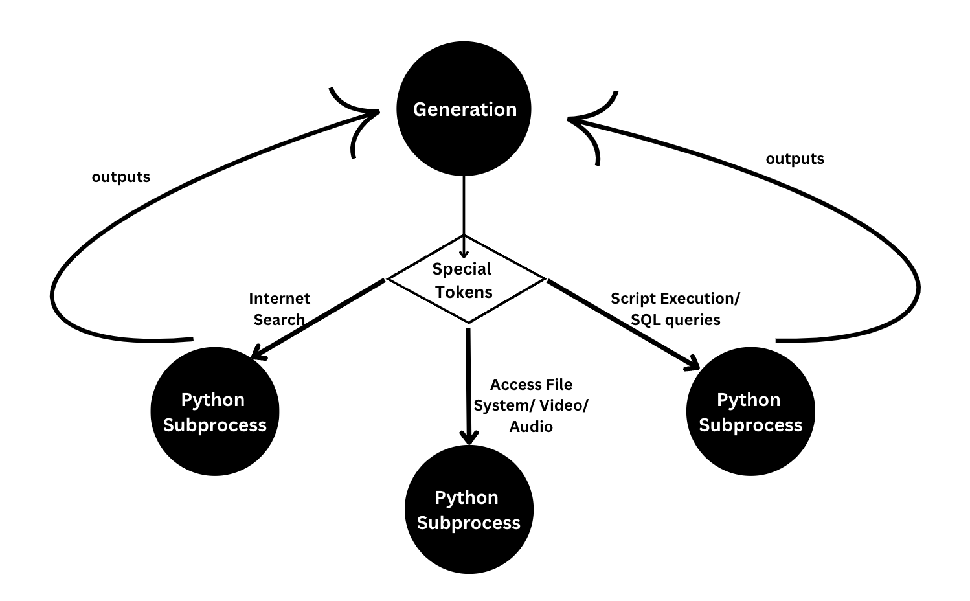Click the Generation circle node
pos(464,109)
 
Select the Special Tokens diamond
pos(465,280)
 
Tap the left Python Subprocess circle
pos(214,412)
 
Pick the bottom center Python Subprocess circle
pos(468,510)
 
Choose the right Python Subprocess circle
pos(750,412)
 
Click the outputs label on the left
pos(120,177)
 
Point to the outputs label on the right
pos(795,159)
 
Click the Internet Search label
pos(279,309)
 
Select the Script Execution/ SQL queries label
pos(675,309)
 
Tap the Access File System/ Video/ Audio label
pos(531,405)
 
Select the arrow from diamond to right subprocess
pos(622,324)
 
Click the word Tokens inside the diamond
pos(464,292)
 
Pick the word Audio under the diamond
pos(531,426)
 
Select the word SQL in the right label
pos(645,319)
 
